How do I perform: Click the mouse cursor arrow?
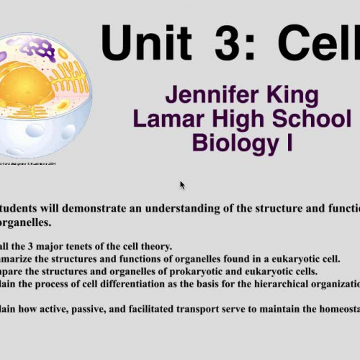pyautogui.click(x=182, y=185)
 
